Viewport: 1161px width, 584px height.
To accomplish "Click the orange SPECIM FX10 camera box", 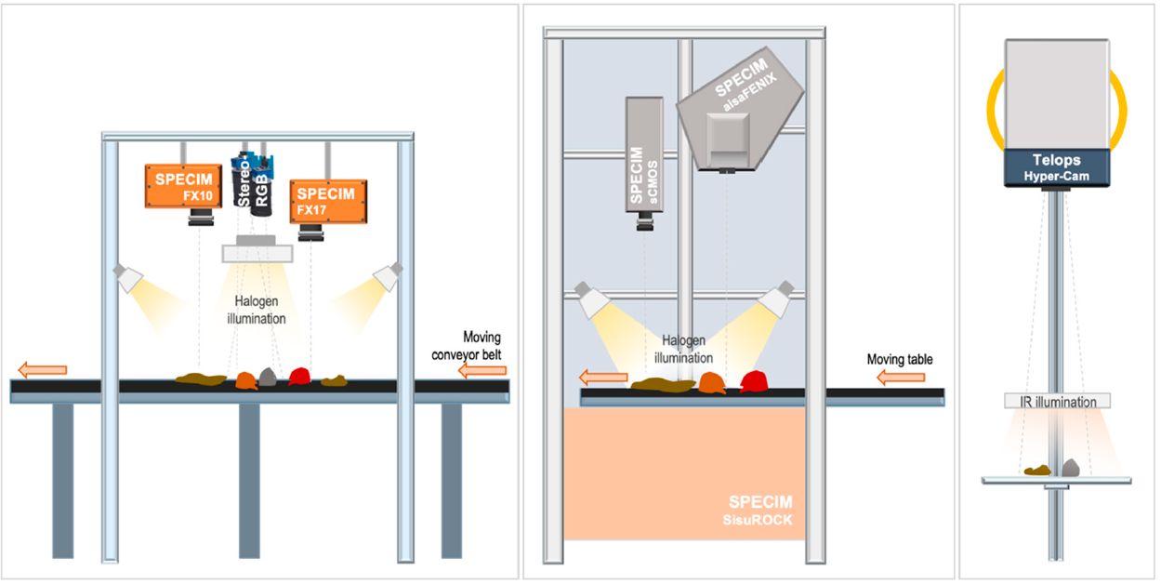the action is [183, 186].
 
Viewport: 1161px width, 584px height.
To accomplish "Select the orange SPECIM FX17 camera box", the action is [329, 202].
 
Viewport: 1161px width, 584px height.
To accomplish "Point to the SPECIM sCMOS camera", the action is [644, 154].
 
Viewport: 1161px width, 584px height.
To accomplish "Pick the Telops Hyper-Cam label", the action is [1057, 167].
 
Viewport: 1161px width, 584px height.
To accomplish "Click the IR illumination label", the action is [1057, 402].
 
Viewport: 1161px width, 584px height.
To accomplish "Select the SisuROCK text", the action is [758, 520].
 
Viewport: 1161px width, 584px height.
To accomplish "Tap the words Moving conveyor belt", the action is [467, 346].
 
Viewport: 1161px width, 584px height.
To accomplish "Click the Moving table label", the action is [900, 360].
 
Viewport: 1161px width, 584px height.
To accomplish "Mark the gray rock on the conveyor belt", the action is [268, 377].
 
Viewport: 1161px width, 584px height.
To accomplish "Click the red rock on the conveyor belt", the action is [299, 376].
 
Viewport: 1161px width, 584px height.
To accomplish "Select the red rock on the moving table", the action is [754, 381].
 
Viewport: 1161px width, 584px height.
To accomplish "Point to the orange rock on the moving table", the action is [711, 383].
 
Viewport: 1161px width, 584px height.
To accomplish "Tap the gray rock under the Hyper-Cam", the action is [1070, 468].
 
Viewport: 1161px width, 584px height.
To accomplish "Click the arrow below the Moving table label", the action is [901, 377].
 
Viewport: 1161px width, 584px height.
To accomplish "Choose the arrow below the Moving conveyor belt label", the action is [482, 370].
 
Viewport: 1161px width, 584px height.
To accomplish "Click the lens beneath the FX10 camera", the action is [201, 218].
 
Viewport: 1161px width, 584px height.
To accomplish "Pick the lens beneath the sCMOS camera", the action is [645, 221].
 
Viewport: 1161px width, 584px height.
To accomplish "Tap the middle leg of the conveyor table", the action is [249, 481].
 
